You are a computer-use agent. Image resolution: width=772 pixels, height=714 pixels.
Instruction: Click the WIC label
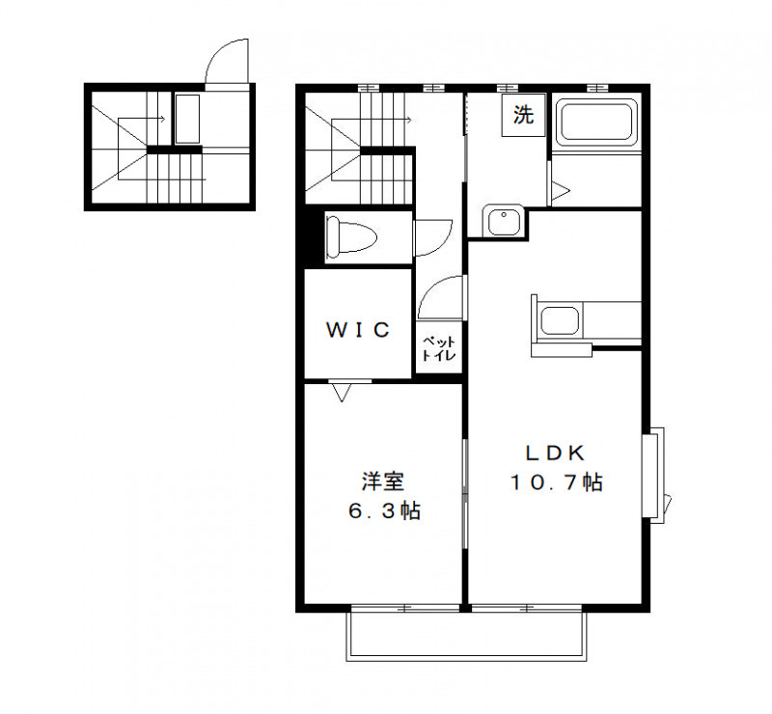[x=357, y=330]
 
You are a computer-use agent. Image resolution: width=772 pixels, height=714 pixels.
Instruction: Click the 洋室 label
[x=383, y=480]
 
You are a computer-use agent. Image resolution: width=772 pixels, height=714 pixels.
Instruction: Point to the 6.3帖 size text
[x=383, y=510]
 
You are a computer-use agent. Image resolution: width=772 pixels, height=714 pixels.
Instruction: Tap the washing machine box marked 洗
[x=522, y=117]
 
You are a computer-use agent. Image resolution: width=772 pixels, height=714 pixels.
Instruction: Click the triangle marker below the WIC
[x=341, y=392]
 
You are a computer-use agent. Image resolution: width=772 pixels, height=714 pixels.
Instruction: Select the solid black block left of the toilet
[x=305, y=237]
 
